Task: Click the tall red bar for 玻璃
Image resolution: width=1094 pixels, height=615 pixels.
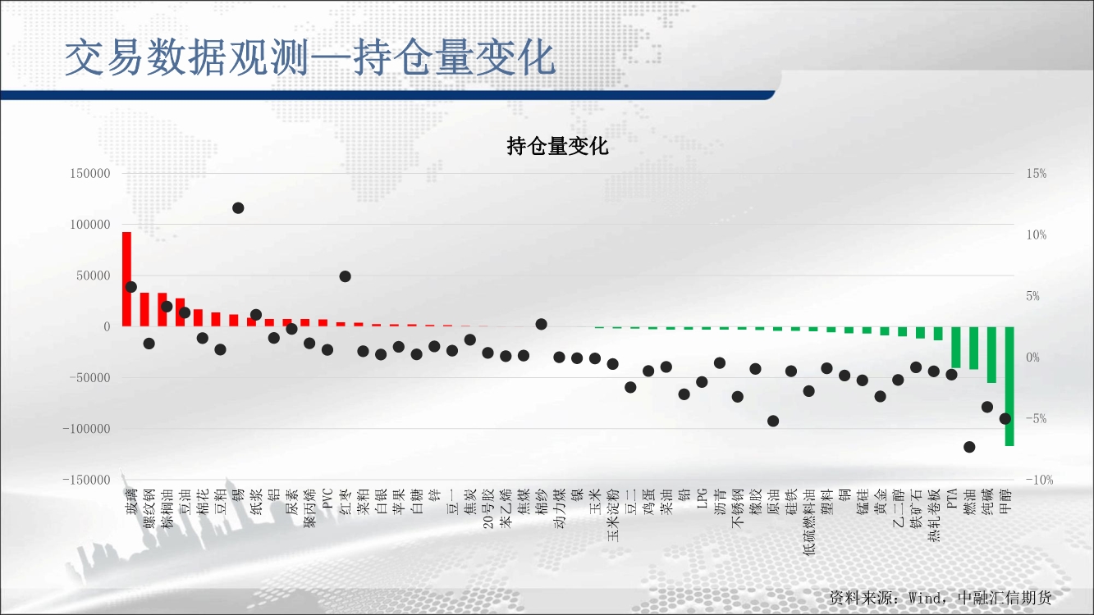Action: (x=126, y=279)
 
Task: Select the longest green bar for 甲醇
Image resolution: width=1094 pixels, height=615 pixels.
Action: (x=1009, y=386)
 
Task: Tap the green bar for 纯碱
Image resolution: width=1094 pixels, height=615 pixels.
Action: (x=991, y=355)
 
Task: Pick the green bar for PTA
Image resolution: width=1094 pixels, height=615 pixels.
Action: (x=956, y=347)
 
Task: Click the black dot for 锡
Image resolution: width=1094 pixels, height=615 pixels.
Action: (x=238, y=208)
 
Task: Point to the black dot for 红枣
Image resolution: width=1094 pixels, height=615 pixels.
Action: (x=345, y=276)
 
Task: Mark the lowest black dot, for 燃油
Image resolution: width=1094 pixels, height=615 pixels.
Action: (x=969, y=447)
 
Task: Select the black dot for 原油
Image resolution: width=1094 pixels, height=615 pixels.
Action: (x=773, y=421)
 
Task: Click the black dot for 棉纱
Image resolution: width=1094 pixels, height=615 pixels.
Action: (x=541, y=324)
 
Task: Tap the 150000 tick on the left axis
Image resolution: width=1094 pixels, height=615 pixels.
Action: (x=90, y=174)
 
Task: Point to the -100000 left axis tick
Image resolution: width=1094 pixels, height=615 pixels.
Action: (x=87, y=429)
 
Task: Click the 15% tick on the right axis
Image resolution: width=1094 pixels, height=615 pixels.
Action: (x=1037, y=174)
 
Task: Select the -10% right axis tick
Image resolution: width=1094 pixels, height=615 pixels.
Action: (x=1039, y=480)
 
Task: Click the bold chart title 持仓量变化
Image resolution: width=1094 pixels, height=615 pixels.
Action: (x=558, y=147)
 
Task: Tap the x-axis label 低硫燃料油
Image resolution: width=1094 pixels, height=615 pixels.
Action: (x=808, y=522)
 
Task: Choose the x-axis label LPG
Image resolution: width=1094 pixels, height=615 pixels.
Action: (x=702, y=499)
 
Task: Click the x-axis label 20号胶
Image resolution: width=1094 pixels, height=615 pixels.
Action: (x=487, y=509)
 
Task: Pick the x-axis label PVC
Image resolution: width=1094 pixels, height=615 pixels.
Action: (x=327, y=499)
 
